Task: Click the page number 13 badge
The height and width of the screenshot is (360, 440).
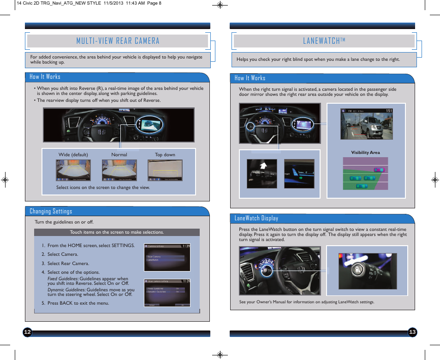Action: [412, 332]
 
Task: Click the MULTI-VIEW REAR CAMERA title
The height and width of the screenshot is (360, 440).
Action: [118, 41]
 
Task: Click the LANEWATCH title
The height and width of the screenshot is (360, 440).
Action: [324, 41]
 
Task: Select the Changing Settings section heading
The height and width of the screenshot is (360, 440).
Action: [51, 212]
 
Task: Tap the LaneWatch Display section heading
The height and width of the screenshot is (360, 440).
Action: [256, 218]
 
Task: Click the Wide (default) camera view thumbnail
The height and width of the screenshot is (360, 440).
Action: [73, 170]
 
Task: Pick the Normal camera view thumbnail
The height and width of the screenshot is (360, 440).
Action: [119, 170]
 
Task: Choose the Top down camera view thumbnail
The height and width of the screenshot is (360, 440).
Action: [165, 170]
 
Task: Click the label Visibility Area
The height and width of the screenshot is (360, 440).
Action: [365, 153]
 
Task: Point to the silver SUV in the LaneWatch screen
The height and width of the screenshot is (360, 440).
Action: [377, 125]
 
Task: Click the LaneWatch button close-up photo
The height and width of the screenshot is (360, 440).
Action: [367, 271]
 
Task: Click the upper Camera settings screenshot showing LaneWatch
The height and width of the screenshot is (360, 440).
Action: [166, 258]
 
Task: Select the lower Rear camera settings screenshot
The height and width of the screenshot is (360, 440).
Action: [166, 292]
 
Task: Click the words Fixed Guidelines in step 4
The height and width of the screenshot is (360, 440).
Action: [63, 279]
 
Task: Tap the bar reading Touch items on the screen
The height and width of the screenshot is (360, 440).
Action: [117, 232]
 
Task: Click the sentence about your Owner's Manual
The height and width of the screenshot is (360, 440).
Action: [306, 302]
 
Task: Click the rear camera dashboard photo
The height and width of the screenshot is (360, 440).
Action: [119, 125]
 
